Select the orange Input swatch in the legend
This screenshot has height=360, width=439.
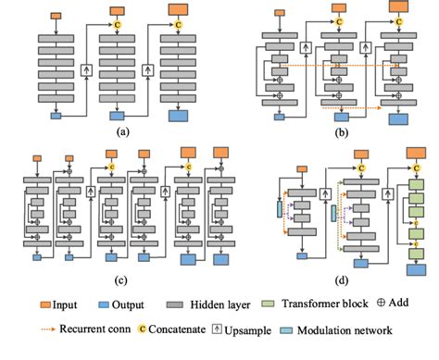(x=45, y=304)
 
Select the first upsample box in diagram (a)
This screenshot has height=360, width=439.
(x=88, y=70)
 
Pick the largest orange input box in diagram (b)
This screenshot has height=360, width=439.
(x=401, y=8)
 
